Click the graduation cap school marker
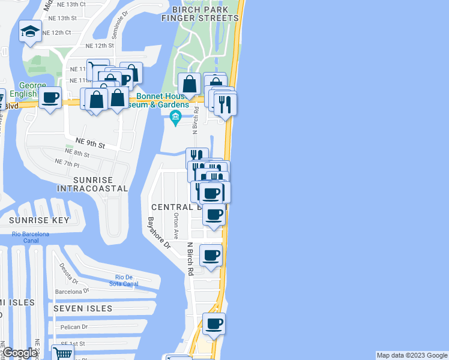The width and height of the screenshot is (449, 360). pos(29,32)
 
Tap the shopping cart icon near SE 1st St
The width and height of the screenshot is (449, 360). pos(62,352)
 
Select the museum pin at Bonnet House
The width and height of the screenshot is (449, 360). pos(176,116)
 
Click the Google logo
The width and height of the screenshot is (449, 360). pos(20,353)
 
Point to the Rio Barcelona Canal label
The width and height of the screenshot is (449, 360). pos(29,238)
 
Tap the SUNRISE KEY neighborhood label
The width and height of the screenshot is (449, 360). pos(39,220)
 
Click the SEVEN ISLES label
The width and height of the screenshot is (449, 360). pos(82,308)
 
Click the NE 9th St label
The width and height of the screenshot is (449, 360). pos(90,145)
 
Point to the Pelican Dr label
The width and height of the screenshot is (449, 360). pos(74,327)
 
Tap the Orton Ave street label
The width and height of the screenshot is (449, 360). pos(176,225)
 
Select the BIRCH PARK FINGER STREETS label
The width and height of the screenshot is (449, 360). pos(200,14)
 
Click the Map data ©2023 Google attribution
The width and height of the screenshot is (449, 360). pos(411,355)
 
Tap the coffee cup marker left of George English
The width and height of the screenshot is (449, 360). pos(50,98)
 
